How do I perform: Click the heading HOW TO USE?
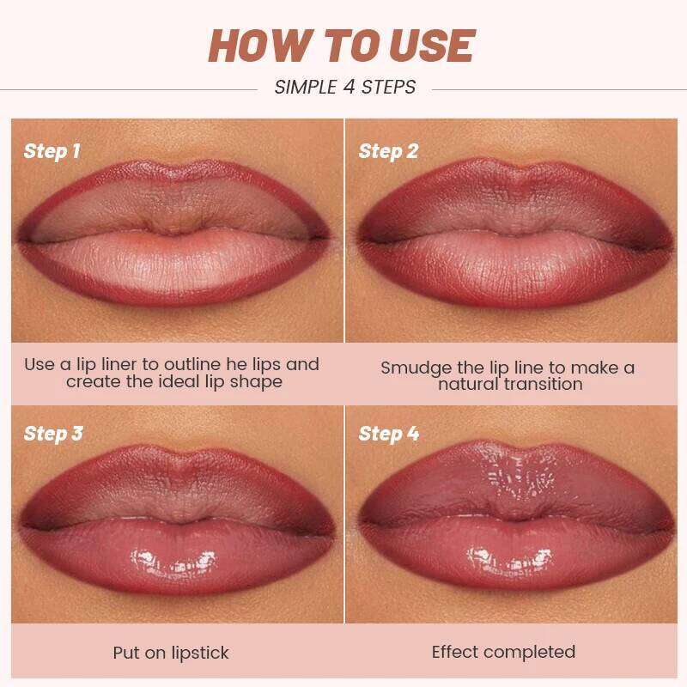point(341,46)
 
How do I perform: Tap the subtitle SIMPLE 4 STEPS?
point(344,87)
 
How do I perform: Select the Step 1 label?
point(52,152)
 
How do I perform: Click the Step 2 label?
point(388,152)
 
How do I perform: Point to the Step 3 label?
point(53,434)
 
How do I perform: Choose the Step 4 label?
point(388,434)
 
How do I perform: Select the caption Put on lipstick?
point(171,653)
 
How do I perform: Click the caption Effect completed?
point(503,652)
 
